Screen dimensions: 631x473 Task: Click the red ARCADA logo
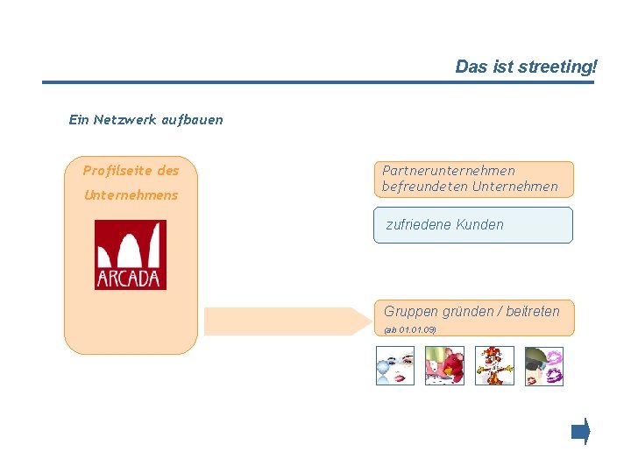[130, 255]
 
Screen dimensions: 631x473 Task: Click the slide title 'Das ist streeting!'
[525, 67]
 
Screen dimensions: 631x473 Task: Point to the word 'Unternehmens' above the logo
[131, 194]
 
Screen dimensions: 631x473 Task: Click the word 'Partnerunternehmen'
[449, 170]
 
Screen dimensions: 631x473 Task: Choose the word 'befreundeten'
[425, 186]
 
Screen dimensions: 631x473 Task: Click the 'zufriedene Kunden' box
[472, 225]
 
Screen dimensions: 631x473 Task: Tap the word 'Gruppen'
[410, 311]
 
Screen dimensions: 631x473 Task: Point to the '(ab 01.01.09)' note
[410, 329]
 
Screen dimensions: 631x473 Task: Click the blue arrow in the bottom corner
[580, 432]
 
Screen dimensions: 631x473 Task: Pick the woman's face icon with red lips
[394, 366]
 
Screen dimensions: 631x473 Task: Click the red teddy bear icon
[444, 366]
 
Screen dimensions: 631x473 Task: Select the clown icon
[494, 366]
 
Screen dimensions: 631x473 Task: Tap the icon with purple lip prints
[543, 366]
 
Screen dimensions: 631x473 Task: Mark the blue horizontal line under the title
[317, 82]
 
